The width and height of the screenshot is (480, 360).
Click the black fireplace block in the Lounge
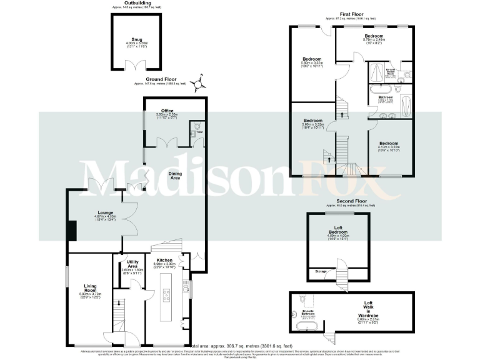click(x=72, y=229)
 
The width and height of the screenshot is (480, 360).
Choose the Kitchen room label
click(x=164, y=259)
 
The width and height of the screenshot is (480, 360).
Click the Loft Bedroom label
click(x=338, y=230)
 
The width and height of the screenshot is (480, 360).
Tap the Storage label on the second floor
click(x=321, y=271)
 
